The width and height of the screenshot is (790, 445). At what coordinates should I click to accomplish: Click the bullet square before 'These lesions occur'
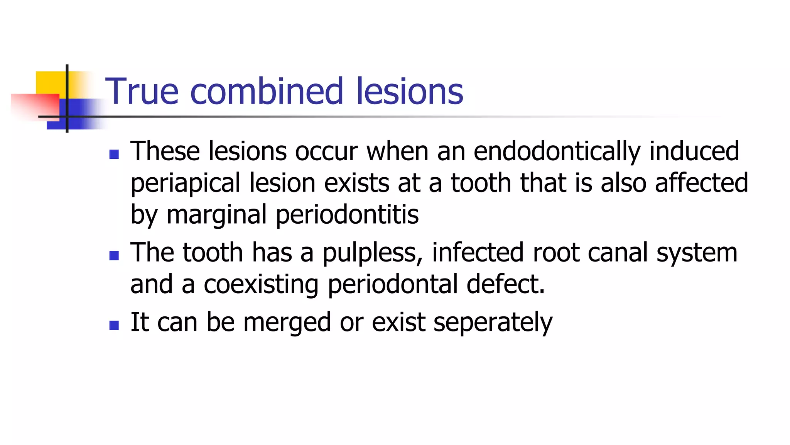tap(114, 155)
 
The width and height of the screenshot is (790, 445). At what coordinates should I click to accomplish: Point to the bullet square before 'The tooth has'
tap(114, 256)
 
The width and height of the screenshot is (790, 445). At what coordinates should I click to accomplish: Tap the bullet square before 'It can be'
tap(114, 325)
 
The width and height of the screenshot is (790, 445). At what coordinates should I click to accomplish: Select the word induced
tap(694, 151)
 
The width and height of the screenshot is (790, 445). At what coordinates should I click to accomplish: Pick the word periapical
tap(186, 183)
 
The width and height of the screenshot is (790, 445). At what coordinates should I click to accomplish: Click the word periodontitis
tap(347, 215)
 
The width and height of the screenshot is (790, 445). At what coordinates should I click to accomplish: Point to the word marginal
tap(216, 215)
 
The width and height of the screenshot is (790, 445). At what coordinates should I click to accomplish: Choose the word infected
tap(478, 253)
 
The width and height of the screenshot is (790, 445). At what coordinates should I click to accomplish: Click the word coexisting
tap(261, 284)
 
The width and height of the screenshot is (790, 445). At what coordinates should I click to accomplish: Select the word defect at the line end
tap(505, 284)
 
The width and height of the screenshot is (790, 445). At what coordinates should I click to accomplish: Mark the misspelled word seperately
tap(493, 323)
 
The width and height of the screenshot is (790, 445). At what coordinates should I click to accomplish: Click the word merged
tap(287, 323)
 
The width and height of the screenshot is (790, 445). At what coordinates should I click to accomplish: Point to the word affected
tap(701, 183)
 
